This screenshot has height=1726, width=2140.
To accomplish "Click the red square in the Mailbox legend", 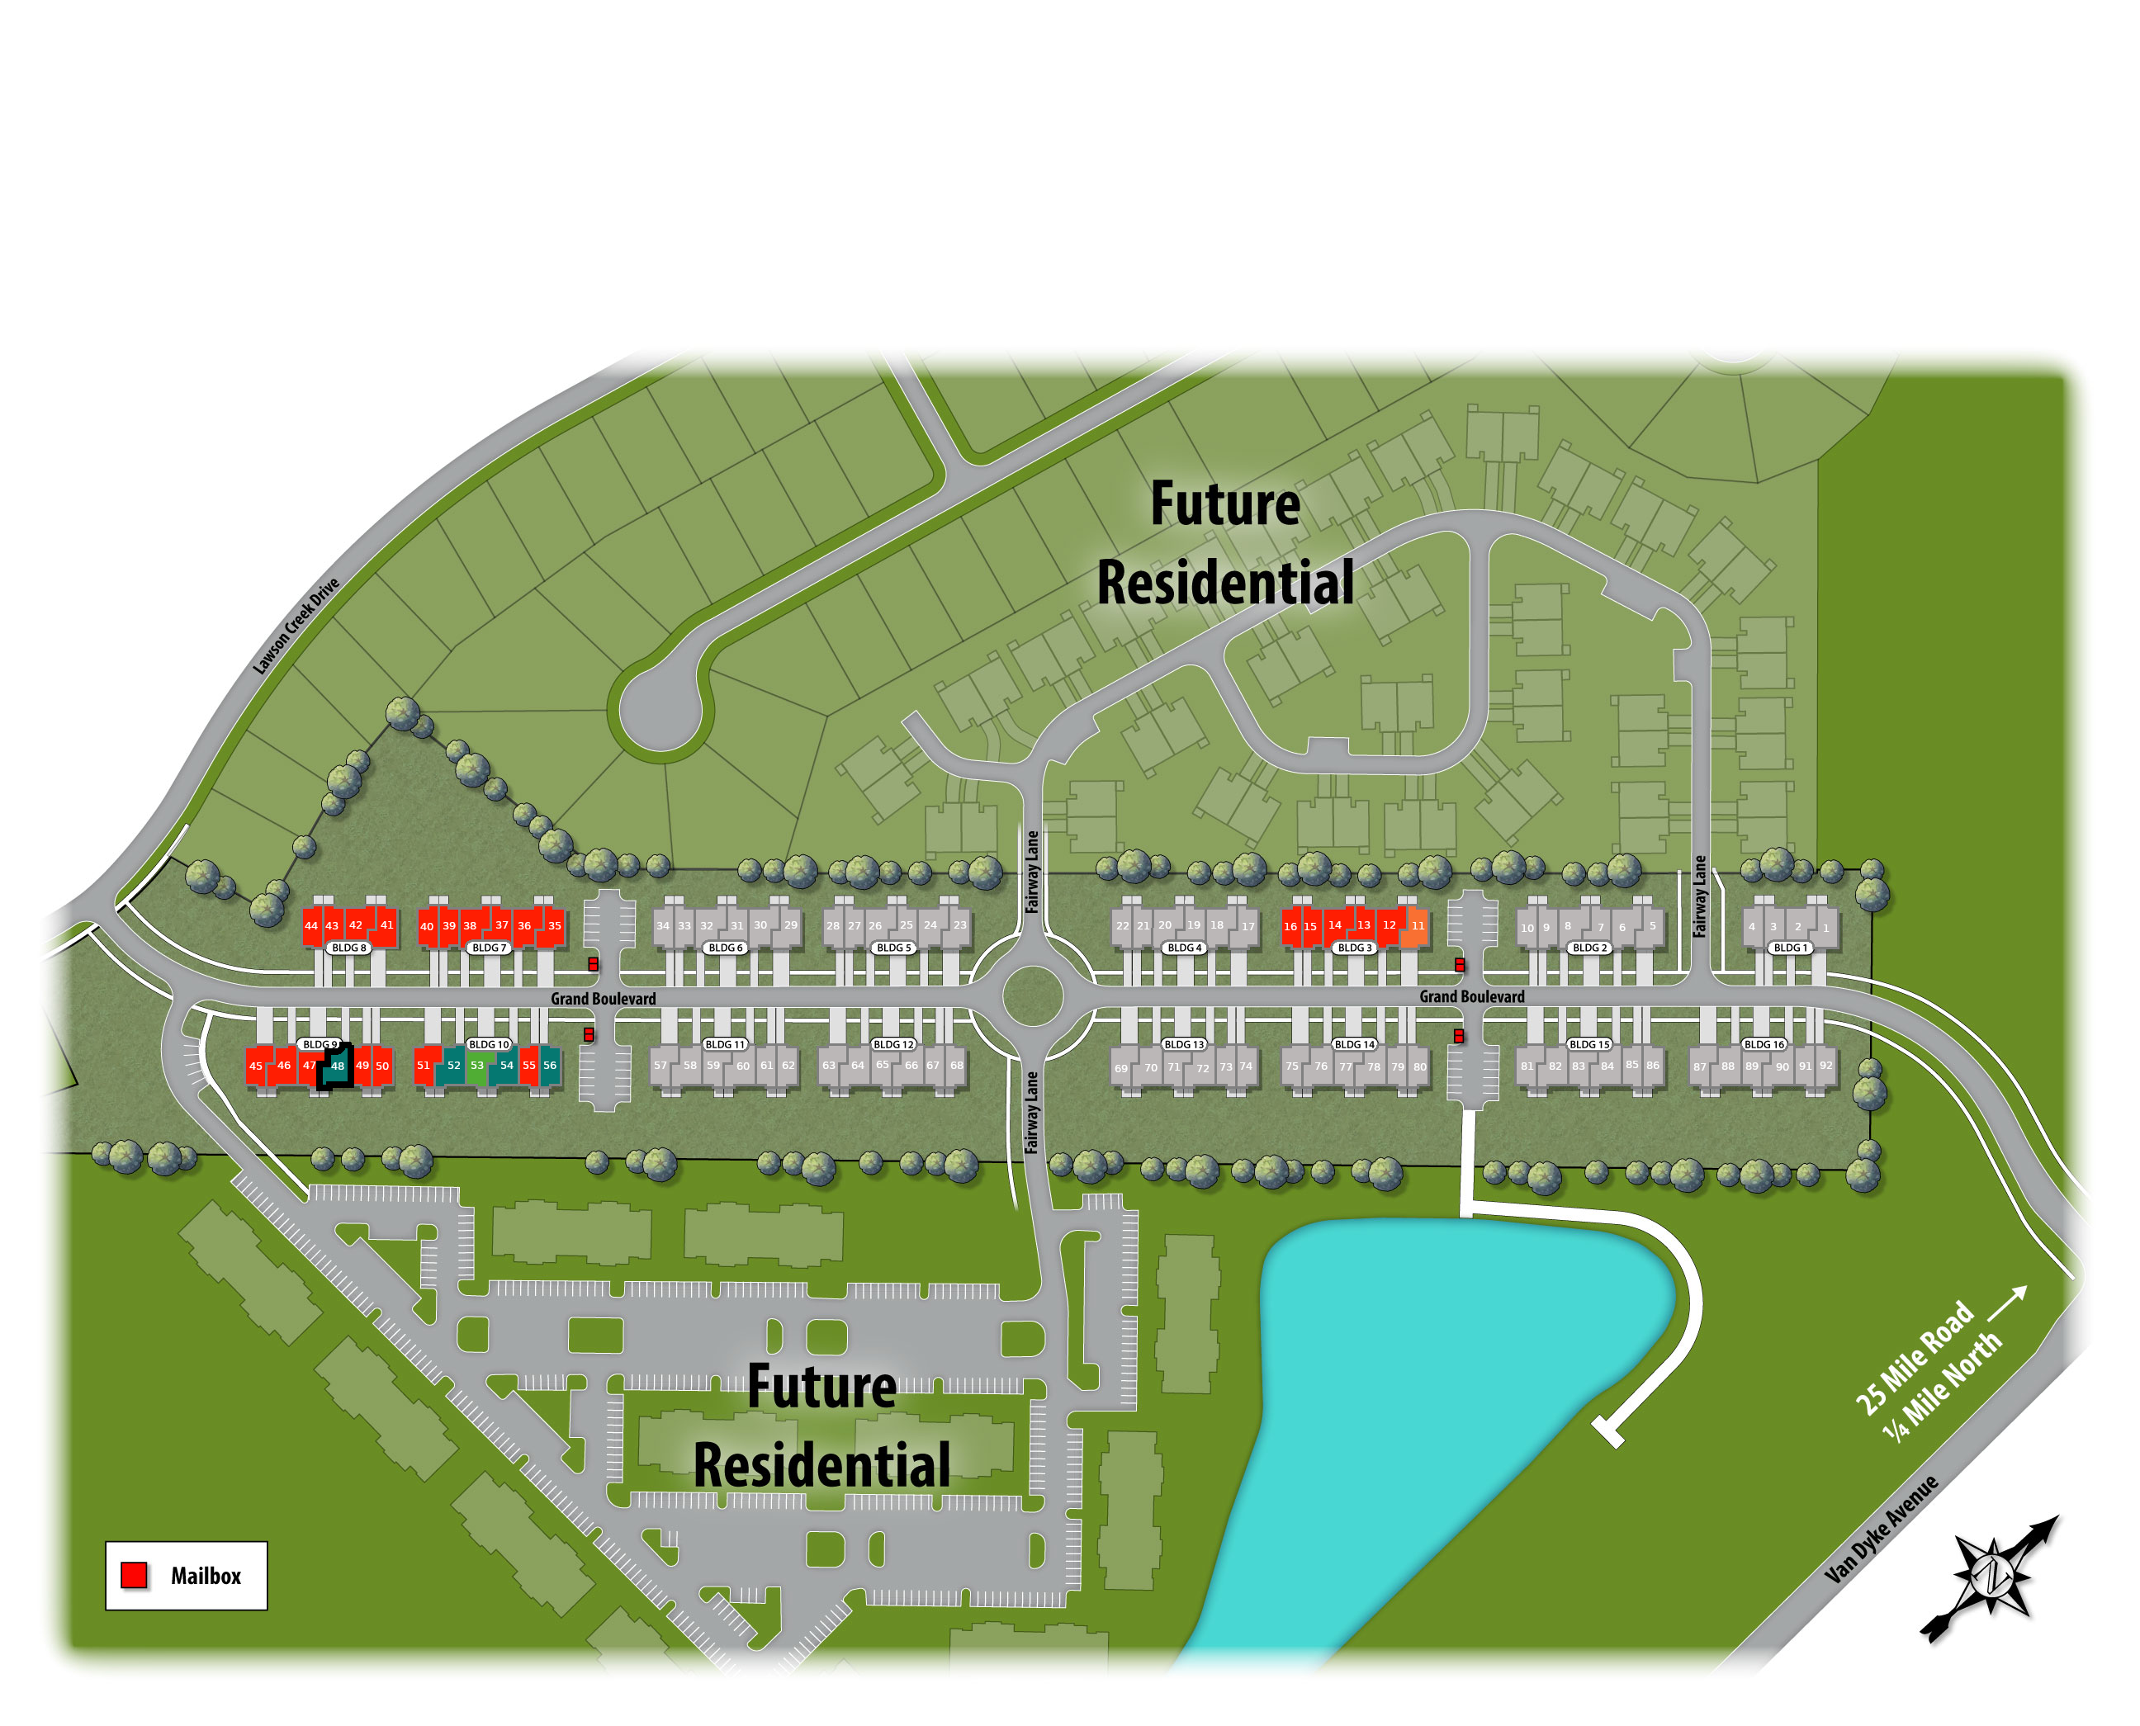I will pos(135,1575).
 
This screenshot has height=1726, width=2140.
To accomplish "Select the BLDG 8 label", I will pos(349,948).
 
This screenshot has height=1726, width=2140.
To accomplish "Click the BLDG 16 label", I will pos(1764,1044).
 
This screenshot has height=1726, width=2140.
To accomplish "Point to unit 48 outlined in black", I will pos(337,1066).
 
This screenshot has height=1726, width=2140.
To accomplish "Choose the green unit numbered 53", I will pos(477,1065).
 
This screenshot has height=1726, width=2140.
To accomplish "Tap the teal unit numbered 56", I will pos(550,1065).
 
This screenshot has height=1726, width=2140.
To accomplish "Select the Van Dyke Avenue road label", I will pos(1882,1528).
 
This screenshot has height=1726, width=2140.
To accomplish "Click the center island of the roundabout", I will pos(1032,996).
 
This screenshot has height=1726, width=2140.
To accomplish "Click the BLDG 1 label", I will pos(1790,948).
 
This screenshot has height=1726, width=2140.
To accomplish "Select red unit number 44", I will pos(311,925).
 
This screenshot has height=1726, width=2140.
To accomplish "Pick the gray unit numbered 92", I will pos(1825,1065).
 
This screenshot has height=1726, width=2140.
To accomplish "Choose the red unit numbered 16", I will pos(1290,925).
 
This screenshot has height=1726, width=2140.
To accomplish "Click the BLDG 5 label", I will pos(894,948).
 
